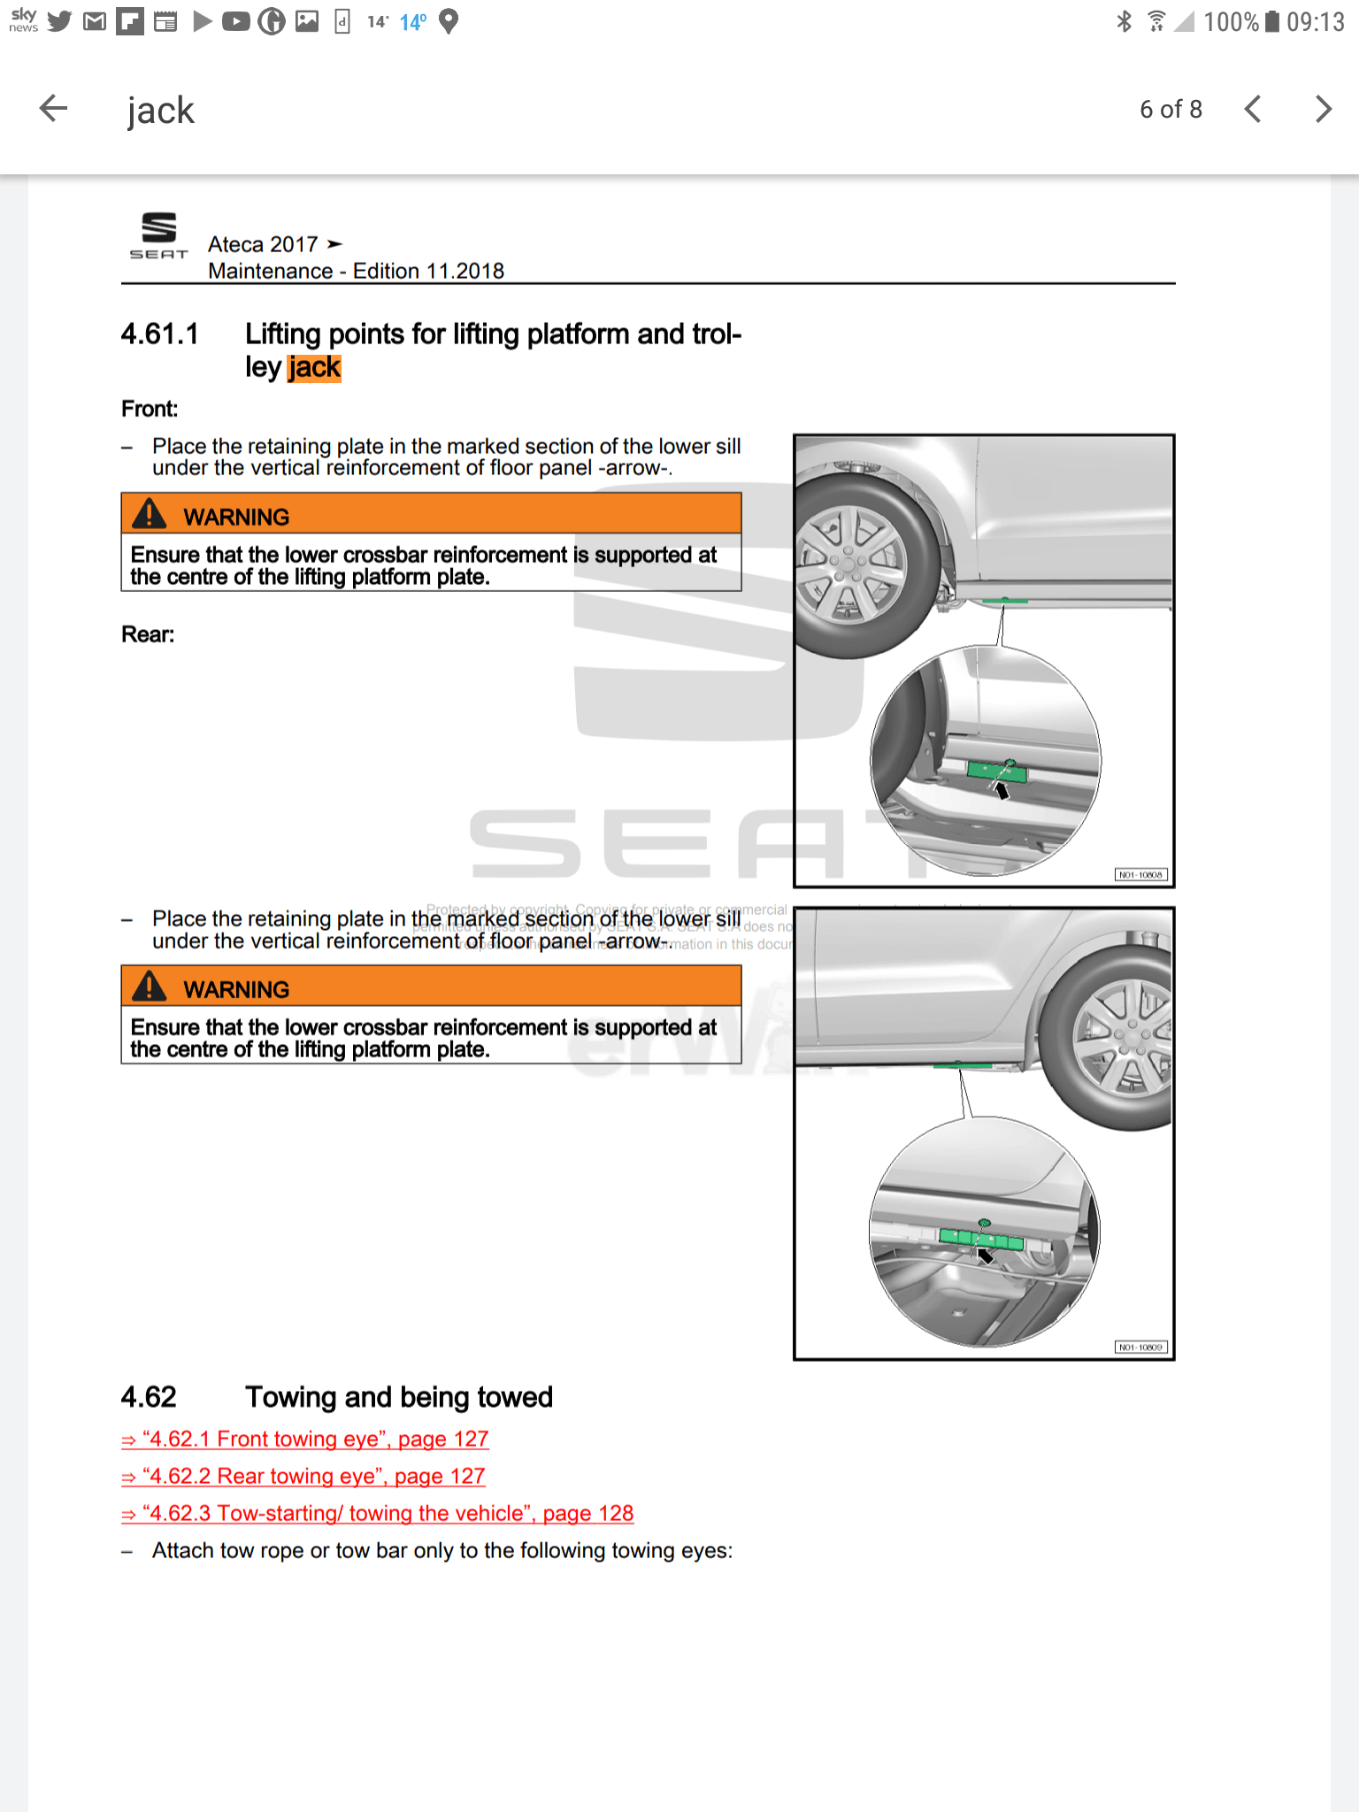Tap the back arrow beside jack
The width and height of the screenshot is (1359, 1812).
coord(54,109)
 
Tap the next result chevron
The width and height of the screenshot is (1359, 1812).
coord(1323,109)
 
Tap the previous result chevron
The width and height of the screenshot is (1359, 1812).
coord(1252,109)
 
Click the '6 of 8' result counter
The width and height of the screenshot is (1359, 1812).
coord(1171,109)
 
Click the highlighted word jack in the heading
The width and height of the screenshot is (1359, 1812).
coord(314,367)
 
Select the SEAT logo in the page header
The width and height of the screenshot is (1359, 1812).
coord(159,235)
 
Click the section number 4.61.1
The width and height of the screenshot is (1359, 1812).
coord(160,334)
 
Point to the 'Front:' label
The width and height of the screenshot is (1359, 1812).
coord(150,409)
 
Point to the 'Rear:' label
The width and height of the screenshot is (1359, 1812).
coord(148,634)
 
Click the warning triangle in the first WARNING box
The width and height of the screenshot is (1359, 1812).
coord(150,514)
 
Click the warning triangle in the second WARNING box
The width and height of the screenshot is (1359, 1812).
coord(150,987)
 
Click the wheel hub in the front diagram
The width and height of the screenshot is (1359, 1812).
coord(848,564)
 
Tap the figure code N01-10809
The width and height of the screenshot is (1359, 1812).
coord(1140,1347)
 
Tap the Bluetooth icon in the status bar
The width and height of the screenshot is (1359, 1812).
coord(1124,21)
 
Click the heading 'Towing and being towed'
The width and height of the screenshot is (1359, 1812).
coord(398,1397)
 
